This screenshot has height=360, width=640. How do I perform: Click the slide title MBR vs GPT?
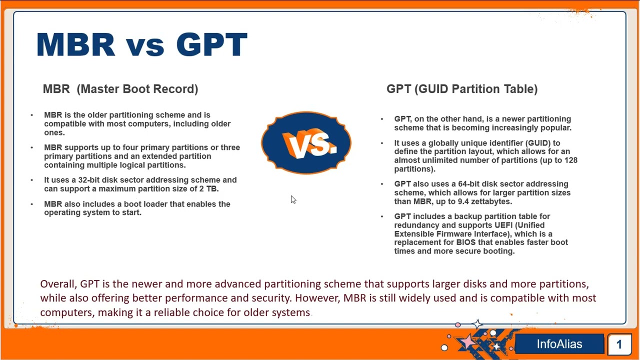click(141, 44)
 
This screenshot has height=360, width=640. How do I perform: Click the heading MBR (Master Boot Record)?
click(120, 89)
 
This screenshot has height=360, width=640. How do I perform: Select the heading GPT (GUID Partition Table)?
click(462, 89)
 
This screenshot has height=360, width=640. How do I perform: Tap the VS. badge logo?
click(306, 142)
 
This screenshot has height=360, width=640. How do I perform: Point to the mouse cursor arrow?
click(293, 199)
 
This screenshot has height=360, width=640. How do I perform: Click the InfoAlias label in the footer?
click(559, 344)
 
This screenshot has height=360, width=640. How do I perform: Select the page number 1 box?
click(619, 344)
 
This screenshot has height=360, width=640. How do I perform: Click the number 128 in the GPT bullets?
click(571, 160)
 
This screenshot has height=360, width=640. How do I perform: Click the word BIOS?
click(465, 242)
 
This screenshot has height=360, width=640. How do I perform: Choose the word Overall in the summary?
click(58, 284)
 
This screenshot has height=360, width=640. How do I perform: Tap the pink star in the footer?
click(467, 341)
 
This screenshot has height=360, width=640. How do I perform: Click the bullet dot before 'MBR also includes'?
click(31, 204)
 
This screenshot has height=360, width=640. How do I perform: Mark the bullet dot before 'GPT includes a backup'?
click(382, 216)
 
